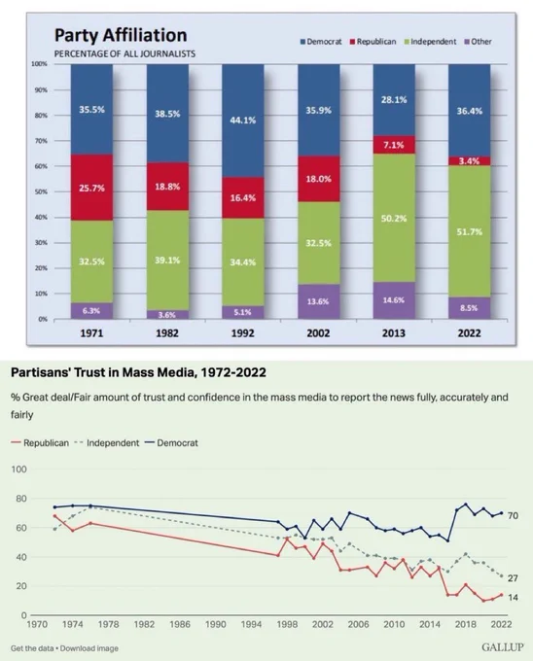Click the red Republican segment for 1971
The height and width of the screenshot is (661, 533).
point(91,188)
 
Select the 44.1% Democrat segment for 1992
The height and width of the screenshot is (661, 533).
point(243,121)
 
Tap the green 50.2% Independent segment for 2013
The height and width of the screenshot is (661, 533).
point(394,218)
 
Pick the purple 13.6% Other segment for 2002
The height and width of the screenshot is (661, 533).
point(318,301)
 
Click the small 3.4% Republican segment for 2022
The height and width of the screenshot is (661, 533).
point(469,161)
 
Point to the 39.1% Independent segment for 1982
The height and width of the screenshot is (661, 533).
point(167,261)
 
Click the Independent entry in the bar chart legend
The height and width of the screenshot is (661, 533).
point(430,42)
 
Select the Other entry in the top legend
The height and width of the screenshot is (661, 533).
point(478,42)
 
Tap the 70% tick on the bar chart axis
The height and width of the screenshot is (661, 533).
point(41,141)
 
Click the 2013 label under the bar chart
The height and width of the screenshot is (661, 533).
point(393,333)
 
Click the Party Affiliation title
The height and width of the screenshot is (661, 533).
point(121,35)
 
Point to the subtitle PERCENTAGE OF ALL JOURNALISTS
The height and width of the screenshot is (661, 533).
point(124,54)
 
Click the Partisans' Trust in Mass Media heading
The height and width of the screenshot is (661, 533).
point(138,372)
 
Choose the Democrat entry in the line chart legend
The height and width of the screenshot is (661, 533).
point(171,443)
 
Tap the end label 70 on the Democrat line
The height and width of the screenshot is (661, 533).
point(513,515)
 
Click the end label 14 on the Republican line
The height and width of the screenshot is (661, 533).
point(513,598)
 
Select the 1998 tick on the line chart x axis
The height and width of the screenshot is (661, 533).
point(287,624)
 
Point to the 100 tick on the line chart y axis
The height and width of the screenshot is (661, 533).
point(18,470)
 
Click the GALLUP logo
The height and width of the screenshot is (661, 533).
point(503,647)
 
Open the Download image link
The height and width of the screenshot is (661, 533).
point(89,648)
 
